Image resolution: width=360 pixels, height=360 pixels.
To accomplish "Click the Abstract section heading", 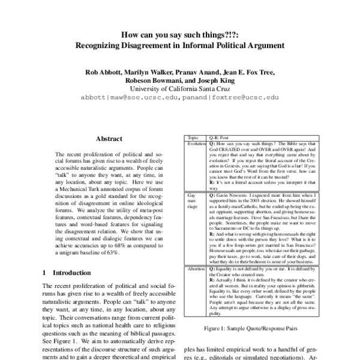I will (109, 138).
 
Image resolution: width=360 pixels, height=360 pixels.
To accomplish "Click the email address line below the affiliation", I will (180, 97).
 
